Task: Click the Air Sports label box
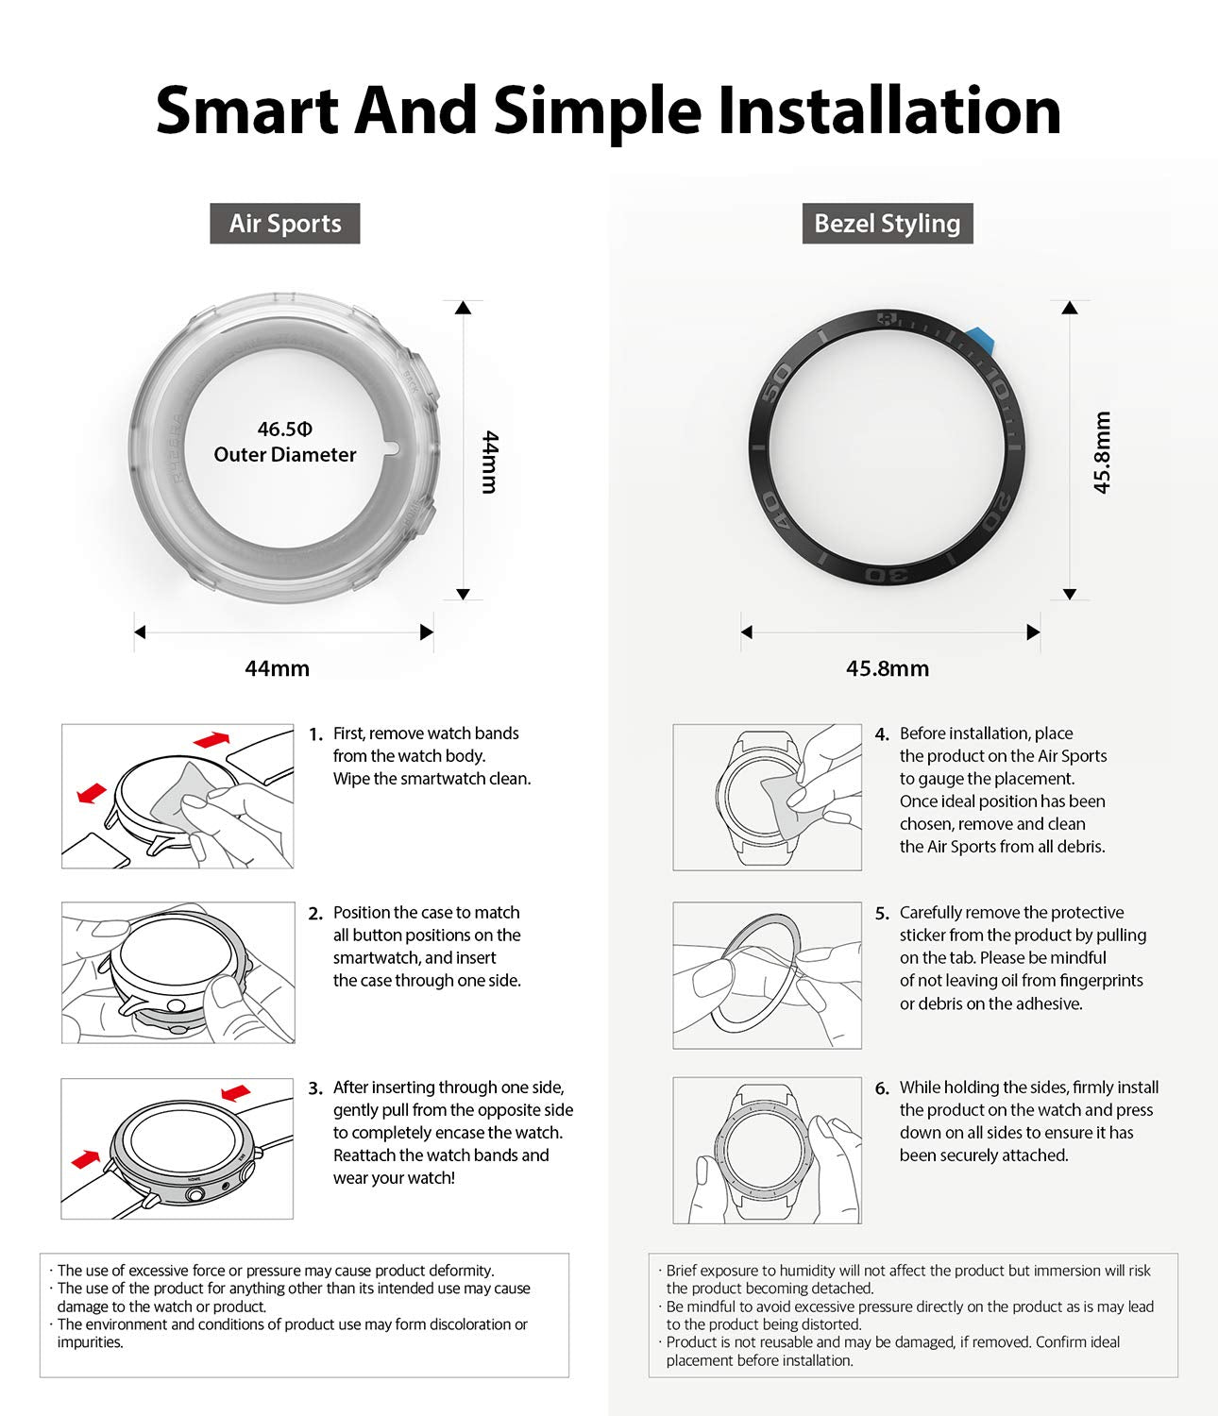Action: pos(284,224)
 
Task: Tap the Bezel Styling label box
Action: pos(888,224)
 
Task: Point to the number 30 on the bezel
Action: pos(888,574)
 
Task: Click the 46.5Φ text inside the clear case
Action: pos(284,429)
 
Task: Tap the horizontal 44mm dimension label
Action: pos(277,668)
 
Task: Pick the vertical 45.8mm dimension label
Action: pos(1101,452)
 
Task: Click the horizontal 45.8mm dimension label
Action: pos(888,668)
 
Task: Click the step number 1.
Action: pos(315,735)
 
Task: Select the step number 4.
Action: pos(882,734)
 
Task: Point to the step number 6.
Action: pos(882,1088)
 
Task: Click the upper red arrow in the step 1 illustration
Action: pos(211,740)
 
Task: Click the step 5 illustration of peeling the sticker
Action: pos(767,975)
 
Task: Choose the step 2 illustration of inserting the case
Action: pos(178,972)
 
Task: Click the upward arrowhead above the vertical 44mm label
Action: pos(463,308)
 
